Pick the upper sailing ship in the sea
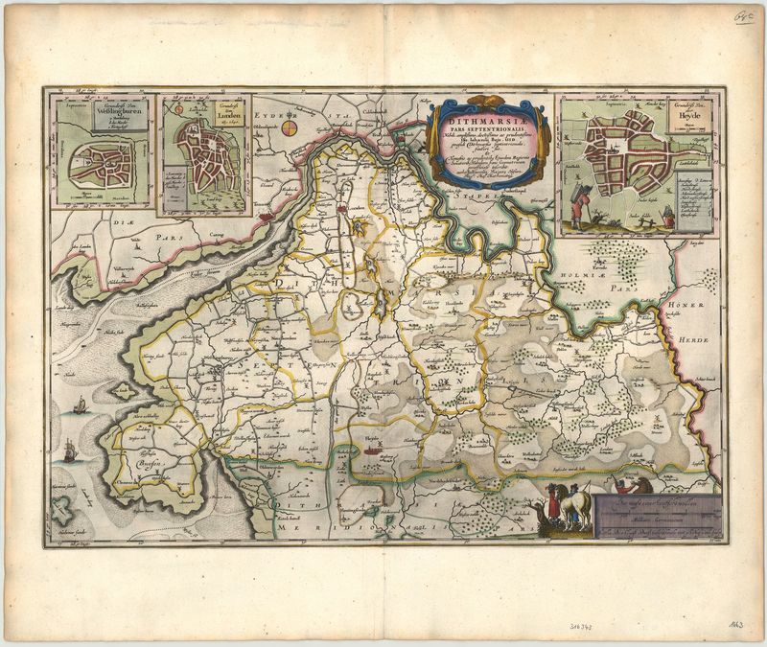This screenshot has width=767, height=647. (80, 409)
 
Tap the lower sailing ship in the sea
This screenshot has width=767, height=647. (70, 450)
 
